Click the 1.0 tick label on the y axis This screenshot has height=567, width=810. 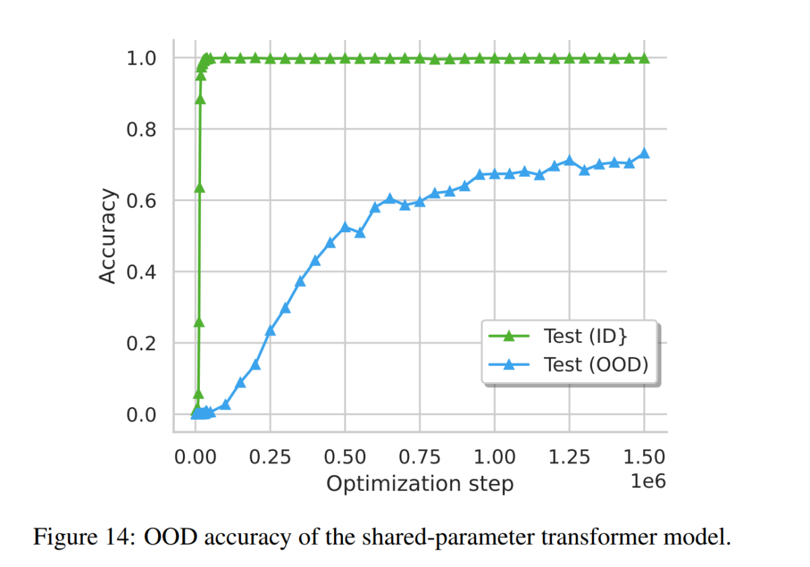click(x=142, y=59)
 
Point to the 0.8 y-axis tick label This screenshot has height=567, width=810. click(x=142, y=130)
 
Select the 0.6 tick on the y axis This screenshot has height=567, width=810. click(x=142, y=201)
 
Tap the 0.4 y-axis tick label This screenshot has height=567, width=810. click(x=142, y=272)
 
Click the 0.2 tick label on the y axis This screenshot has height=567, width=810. click(x=142, y=344)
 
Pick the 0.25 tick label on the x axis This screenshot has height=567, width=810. click(x=270, y=457)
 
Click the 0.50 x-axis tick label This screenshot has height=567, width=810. click(x=345, y=457)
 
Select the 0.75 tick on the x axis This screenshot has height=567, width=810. click(x=420, y=457)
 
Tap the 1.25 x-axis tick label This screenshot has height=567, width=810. click(x=570, y=457)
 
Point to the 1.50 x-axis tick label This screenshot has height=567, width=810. click(x=644, y=457)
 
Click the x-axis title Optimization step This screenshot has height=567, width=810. click(x=420, y=484)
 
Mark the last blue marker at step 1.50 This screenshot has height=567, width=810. click(x=644, y=153)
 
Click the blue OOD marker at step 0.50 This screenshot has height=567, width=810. click(x=345, y=227)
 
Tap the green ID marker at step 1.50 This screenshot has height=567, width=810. click(x=644, y=59)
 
